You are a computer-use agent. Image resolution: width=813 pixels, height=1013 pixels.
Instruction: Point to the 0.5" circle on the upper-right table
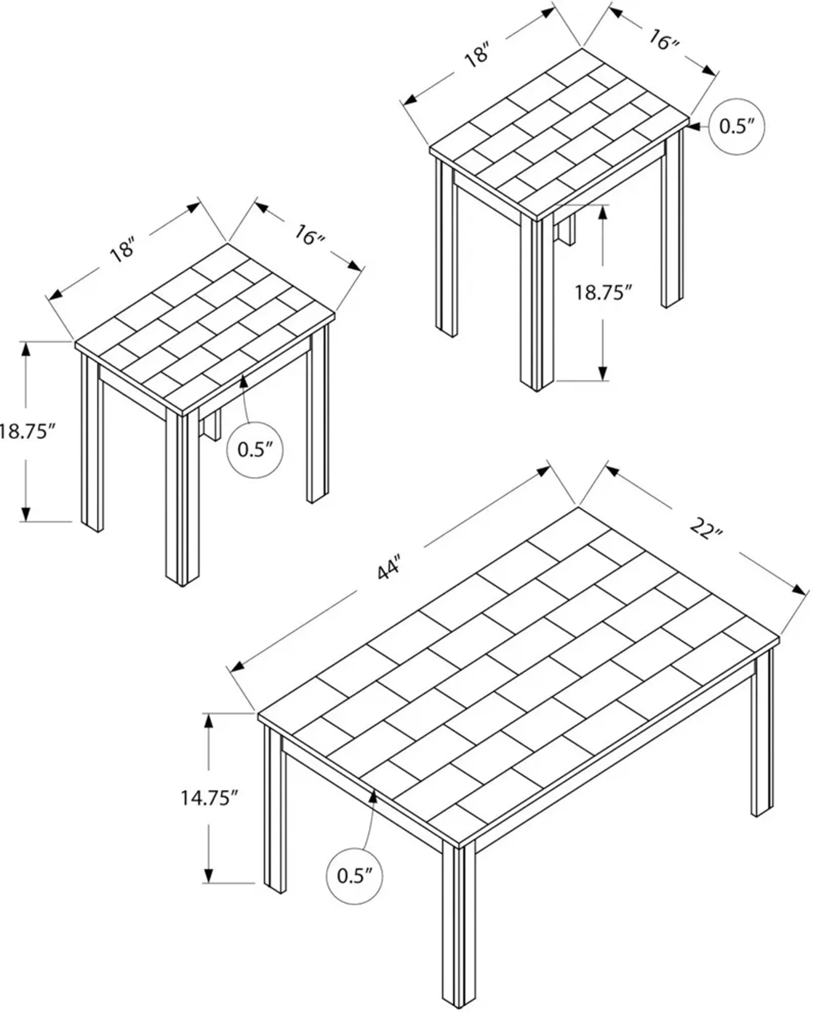click(736, 126)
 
